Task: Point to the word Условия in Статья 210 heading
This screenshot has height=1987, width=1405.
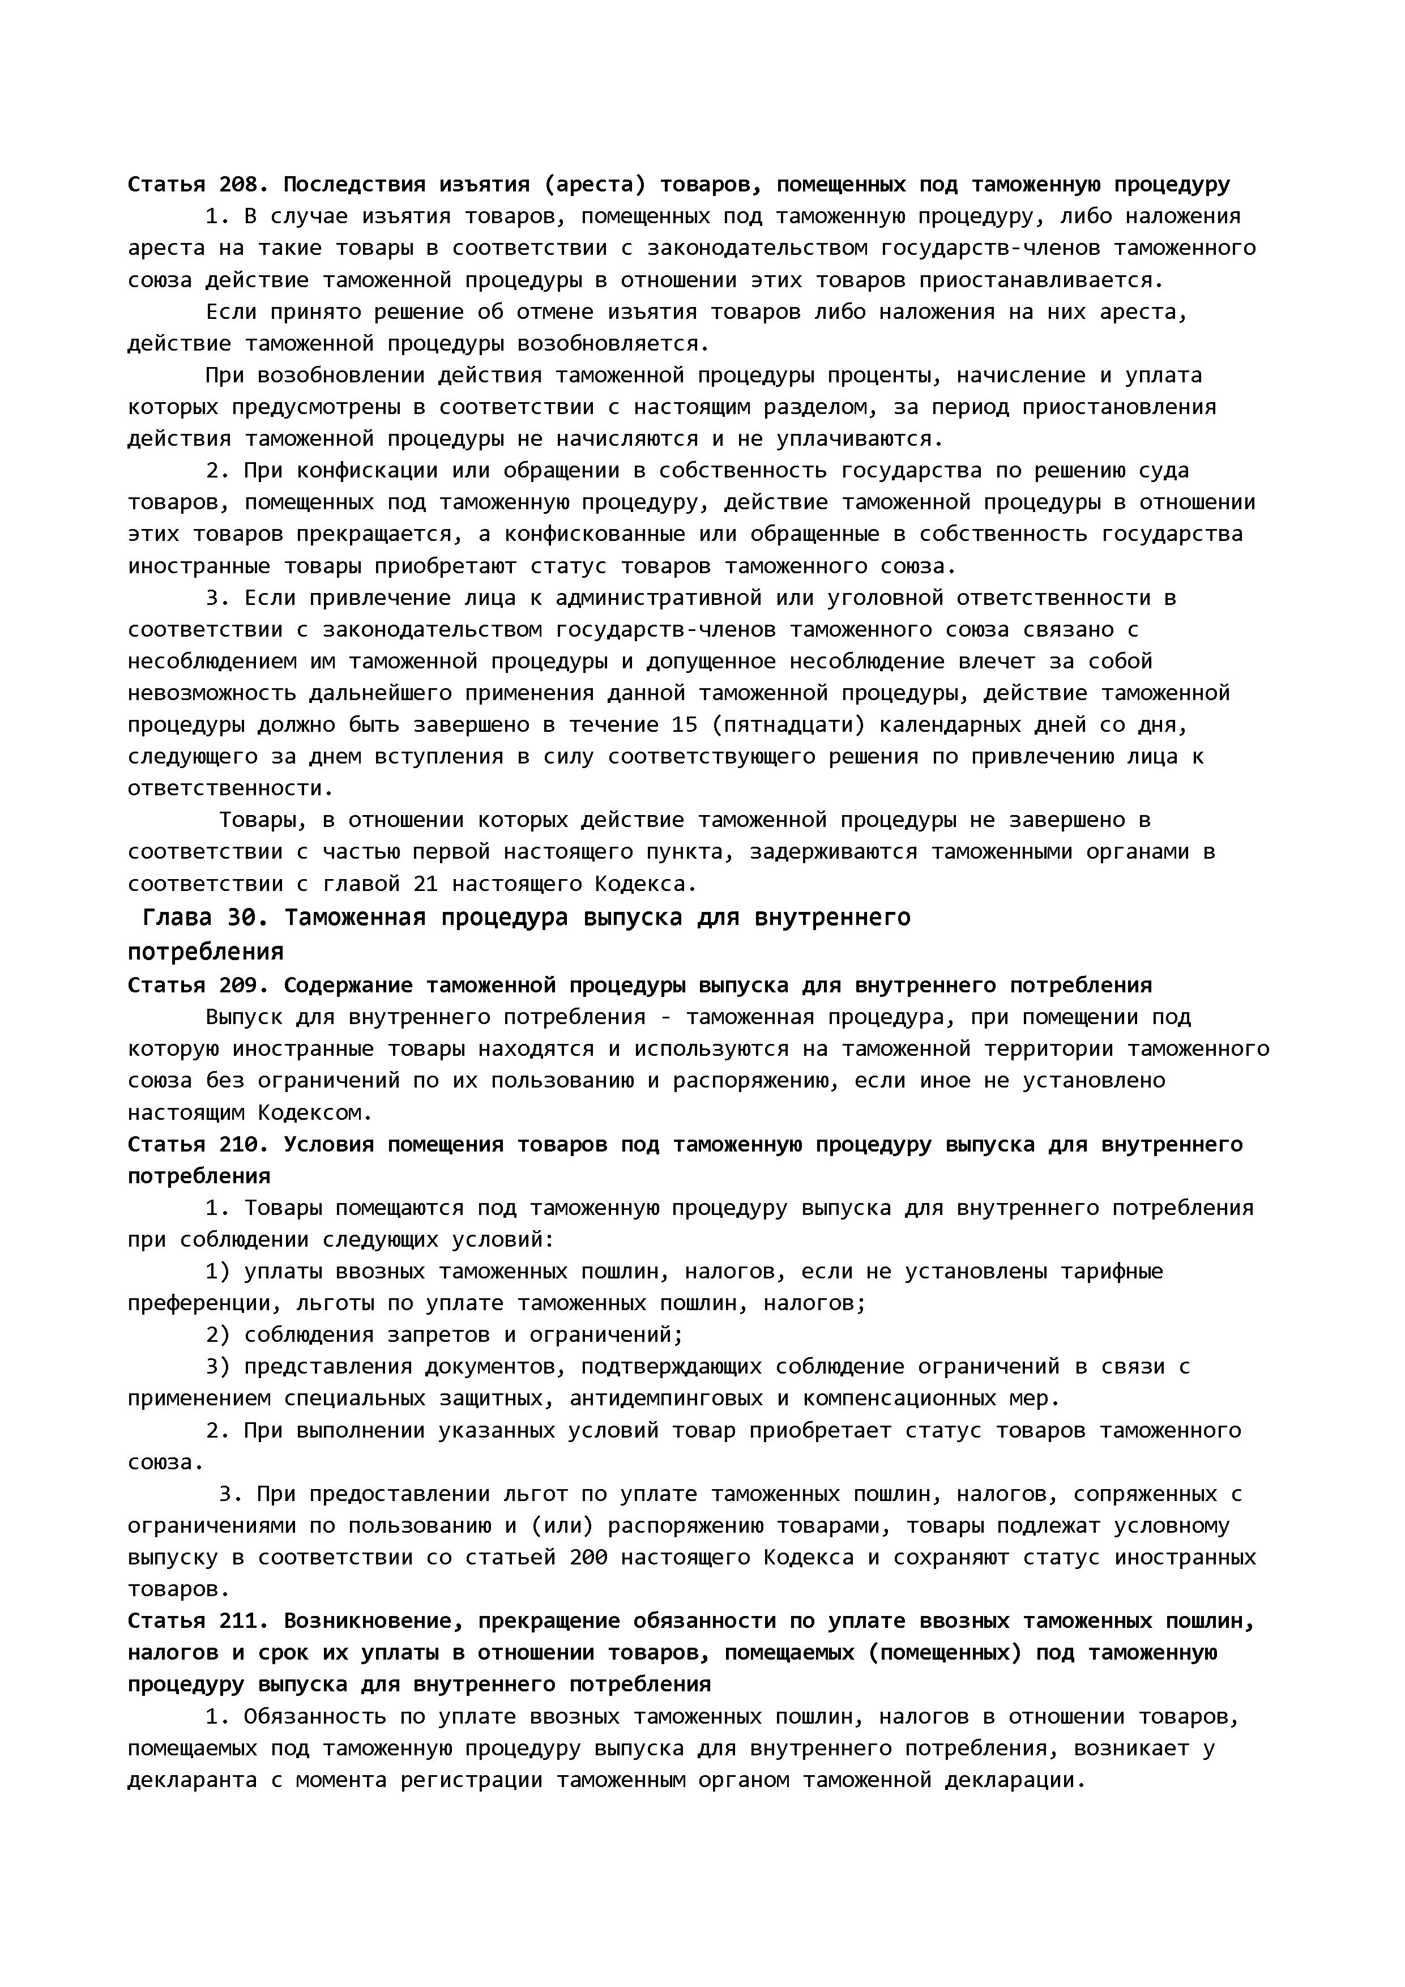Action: [329, 1145]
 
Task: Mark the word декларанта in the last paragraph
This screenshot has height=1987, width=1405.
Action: [192, 1780]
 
